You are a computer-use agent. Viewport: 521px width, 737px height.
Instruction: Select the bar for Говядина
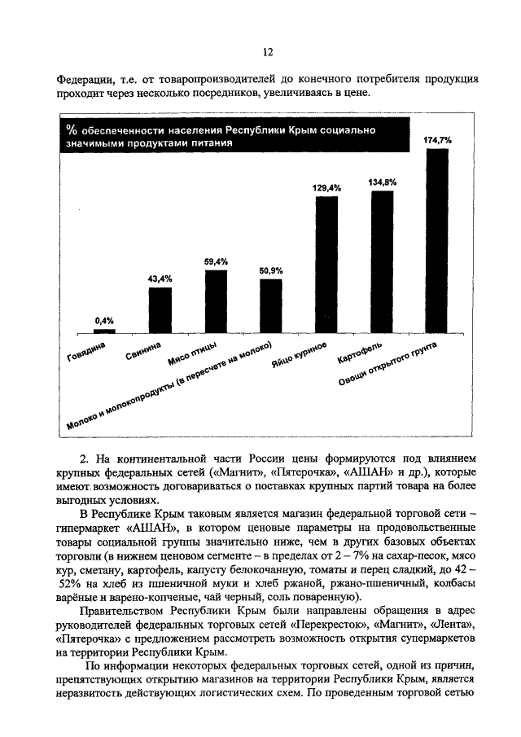click(104, 331)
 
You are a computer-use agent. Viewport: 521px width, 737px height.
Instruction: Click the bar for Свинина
click(160, 310)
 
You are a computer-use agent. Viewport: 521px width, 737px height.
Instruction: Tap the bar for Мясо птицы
click(216, 302)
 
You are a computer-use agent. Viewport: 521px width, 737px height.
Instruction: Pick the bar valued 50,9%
click(270, 306)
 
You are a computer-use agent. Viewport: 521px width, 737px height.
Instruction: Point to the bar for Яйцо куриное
click(326, 265)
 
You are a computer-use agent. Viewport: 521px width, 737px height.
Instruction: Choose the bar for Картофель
click(382, 262)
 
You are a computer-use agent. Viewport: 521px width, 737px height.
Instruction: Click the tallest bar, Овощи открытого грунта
click(437, 242)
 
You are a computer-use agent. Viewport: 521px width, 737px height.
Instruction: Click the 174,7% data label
click(437, 141)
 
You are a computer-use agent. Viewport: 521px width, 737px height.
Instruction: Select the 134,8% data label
click(382, 182)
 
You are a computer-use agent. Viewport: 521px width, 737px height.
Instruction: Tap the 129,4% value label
click(326, 188)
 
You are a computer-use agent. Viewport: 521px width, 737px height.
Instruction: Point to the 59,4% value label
click(216, 261)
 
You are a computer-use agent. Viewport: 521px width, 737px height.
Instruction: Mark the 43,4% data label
click(160, 279)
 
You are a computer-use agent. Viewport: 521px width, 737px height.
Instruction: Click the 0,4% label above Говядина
click(104, 320)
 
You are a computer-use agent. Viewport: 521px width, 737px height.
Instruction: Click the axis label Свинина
click(148, 352)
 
